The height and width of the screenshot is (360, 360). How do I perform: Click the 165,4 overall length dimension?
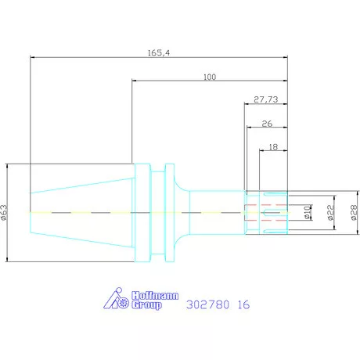coord(159,53)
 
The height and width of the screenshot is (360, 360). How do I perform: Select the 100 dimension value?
coord(210,77)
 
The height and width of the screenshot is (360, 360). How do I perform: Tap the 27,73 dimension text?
coord(266,99)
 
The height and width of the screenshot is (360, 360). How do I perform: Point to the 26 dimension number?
coord(267,124)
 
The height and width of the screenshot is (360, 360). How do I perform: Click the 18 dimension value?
coord(273,147)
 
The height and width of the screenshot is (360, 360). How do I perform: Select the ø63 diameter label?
coord(4,213)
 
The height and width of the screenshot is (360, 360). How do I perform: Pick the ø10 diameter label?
coord(308,212)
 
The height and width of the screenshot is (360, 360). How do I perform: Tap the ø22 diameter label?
coord(330,213)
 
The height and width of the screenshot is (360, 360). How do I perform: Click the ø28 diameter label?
coord(354,213)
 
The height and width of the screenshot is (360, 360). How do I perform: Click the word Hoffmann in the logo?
coord(155,296)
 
